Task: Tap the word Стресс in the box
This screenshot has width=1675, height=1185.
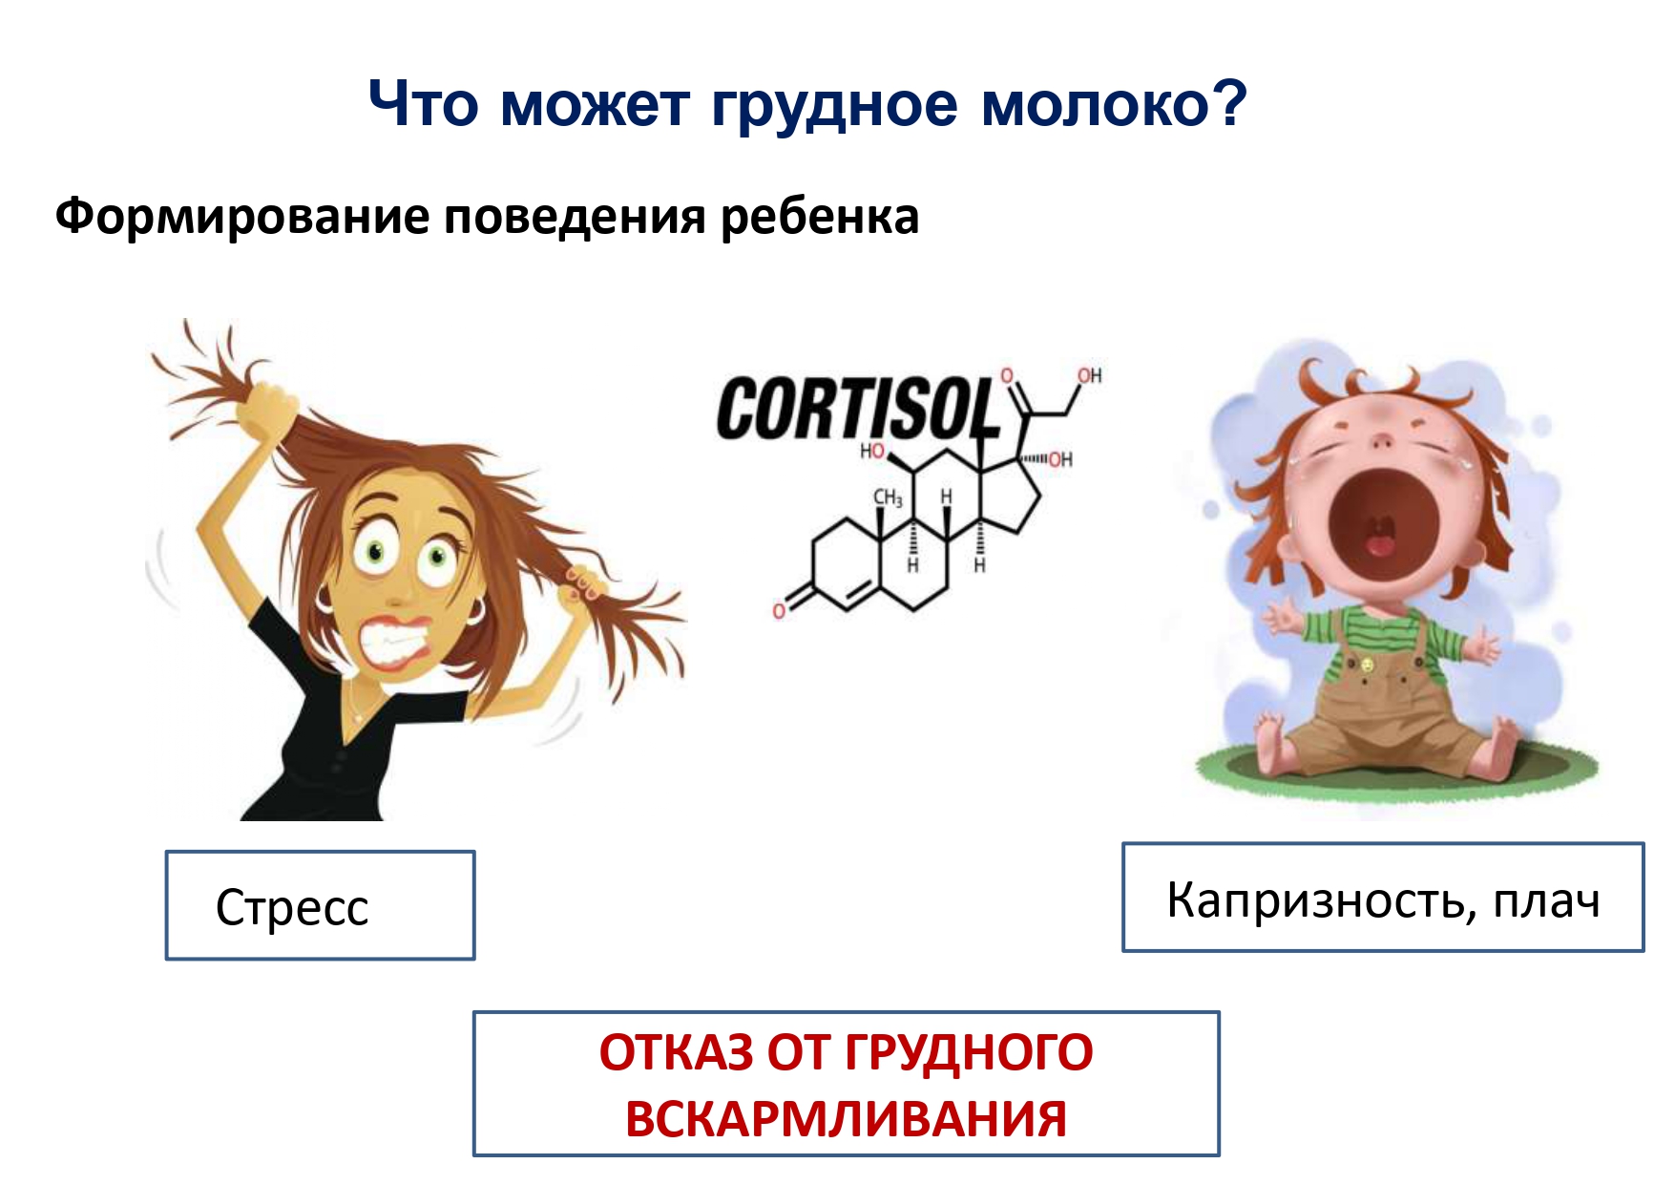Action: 292,908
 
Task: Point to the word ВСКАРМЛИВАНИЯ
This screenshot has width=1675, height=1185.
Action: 846,1118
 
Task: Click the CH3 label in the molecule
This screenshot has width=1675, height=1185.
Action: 888,497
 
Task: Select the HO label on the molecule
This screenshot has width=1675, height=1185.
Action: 872,451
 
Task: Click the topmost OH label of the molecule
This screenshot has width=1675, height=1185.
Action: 1090,375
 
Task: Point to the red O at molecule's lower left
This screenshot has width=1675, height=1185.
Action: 780,610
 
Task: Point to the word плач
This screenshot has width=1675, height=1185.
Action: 1547,901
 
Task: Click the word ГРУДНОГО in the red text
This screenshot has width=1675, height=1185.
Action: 969,1052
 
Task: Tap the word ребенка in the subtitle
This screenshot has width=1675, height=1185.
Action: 820,218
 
